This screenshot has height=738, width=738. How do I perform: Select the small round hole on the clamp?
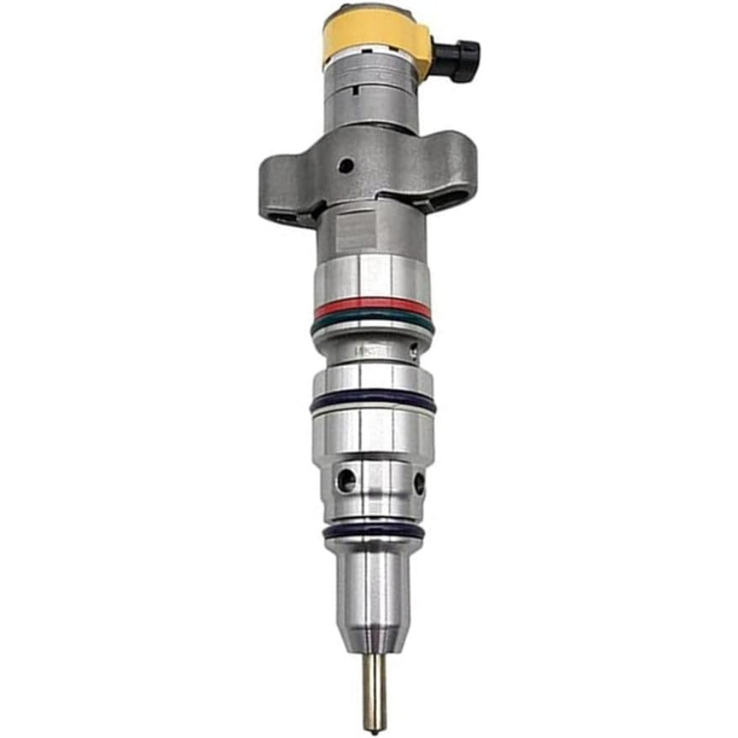(345, 166)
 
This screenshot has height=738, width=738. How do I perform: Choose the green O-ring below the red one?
(371, 323)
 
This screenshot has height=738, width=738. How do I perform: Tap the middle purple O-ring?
(373, 403)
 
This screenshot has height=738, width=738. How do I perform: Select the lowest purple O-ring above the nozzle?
(374, 530)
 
